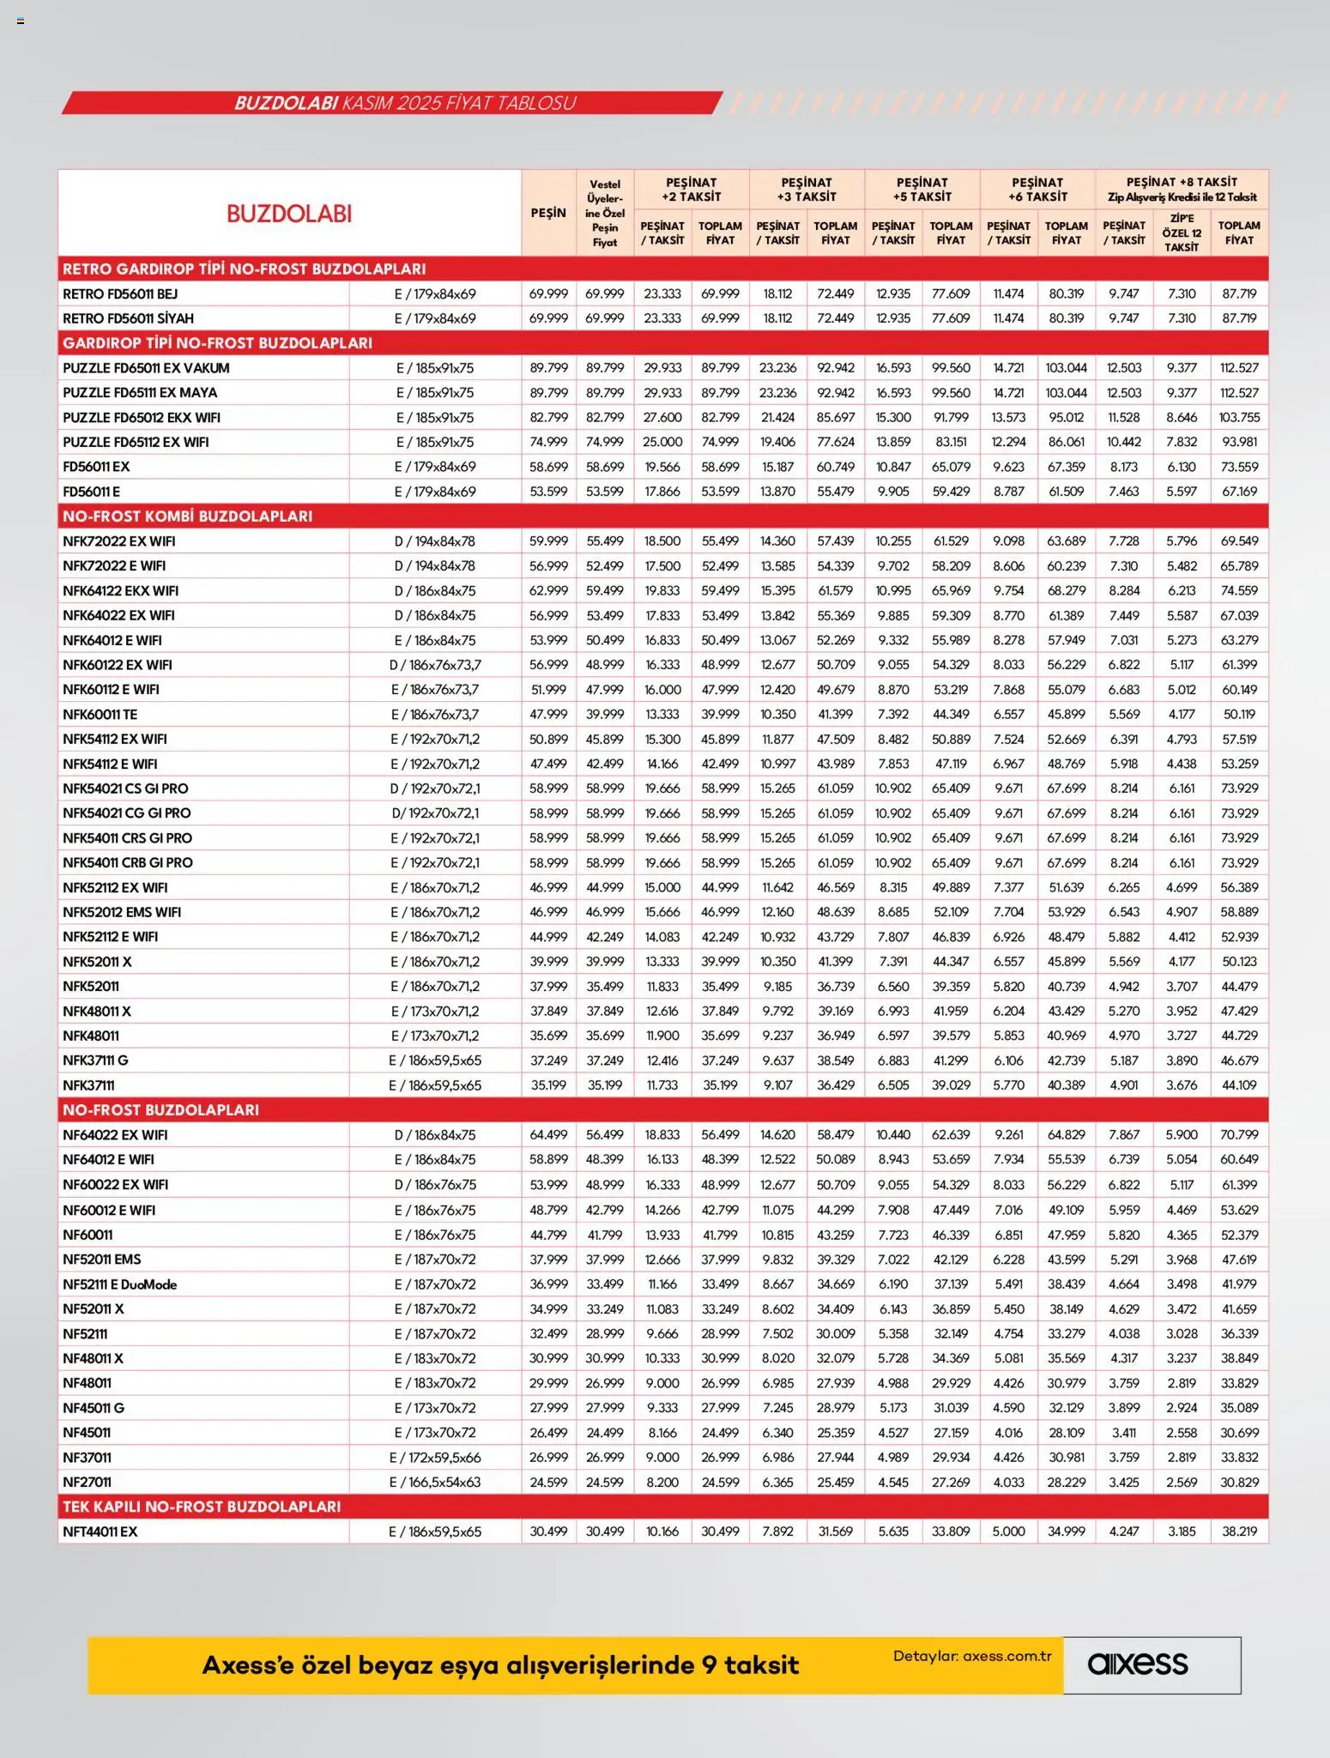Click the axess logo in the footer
(x=1138, y=1664)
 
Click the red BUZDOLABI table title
(x=289, y=214)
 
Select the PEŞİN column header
(x=548, y=213)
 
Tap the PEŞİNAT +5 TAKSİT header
(x=922, y=189)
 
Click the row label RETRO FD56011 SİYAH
(x=128, y=318)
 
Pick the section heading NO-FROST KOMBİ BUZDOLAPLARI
(x=187, y=516)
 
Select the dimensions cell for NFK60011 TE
(x=434, y=714)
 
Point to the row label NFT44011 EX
(x=100, y=1531)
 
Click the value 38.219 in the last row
(x=1239, y=1531)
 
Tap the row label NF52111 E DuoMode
(x=119, y=1284)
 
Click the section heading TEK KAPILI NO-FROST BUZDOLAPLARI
(x=202, y=1507)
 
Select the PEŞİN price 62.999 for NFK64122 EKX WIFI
(x=548, y=590)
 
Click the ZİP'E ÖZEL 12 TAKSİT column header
(x=1181, y=233)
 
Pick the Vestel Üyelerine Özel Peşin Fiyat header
(x=605, y=213)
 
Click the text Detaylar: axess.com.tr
(x=972, y=1656)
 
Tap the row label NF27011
(x=87, y=1482)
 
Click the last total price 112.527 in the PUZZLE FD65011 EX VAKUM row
(x=1239, y=367)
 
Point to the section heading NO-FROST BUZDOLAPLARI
(x=160, y=1109)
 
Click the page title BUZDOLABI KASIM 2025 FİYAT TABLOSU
(x=405, y=103)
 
